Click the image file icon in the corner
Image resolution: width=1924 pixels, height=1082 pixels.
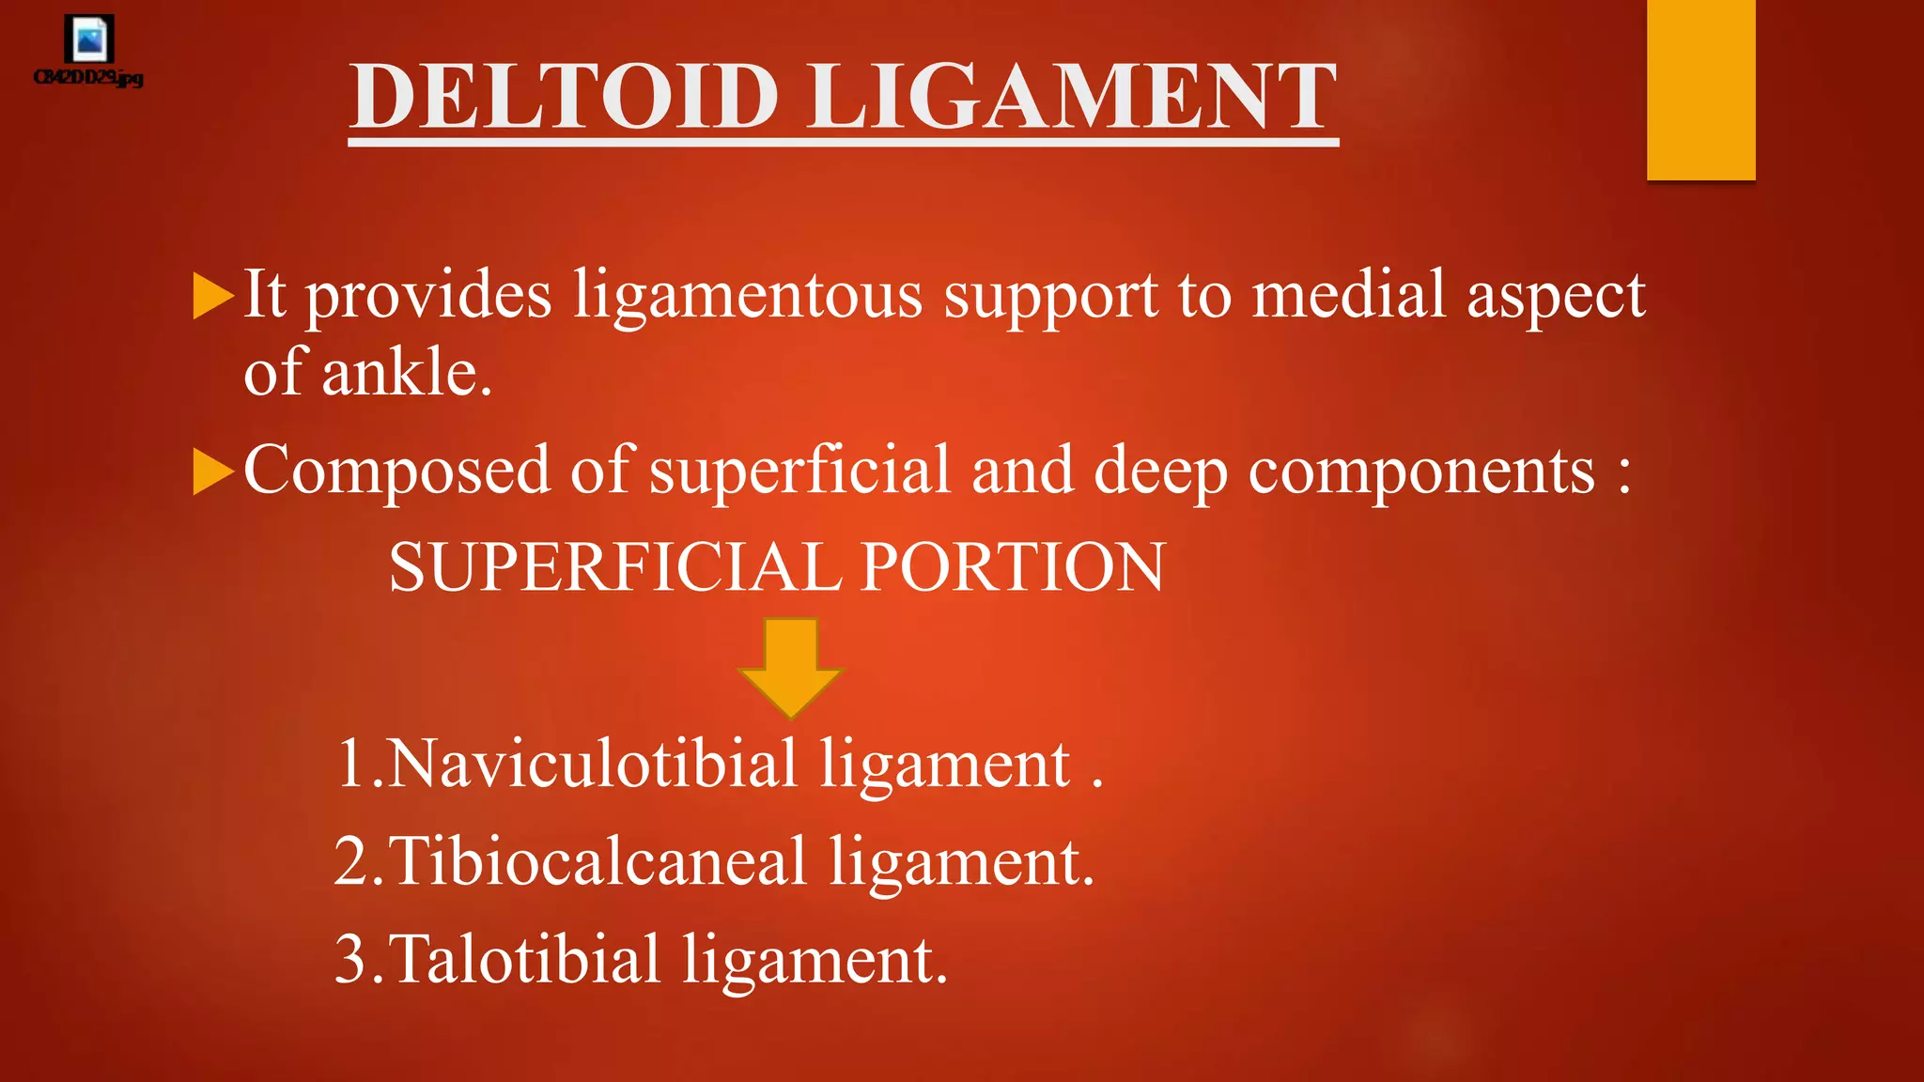[x=89, y=40]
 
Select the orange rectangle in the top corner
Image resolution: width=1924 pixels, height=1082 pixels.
[x=1700, y=89]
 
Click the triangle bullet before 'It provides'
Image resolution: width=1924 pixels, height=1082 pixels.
[x=212, y=296]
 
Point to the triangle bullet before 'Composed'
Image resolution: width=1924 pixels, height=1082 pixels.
[x=212, y=471]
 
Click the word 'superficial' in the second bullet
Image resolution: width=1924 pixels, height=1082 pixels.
[x=799, y=471]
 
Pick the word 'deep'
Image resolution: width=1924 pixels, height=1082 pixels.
[x=1160, y=472]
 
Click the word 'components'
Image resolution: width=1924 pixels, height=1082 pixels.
[x=1421, y=471]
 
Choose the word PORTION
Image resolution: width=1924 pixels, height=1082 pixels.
[x=1013, y=567]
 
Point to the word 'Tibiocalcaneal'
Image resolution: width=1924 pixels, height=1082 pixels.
[x=597, y=861]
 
